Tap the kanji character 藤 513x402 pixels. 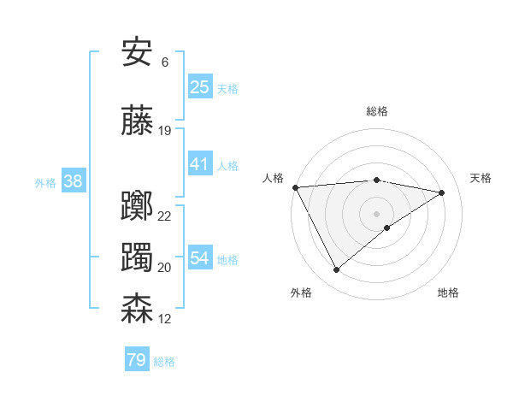[x=138, y=121]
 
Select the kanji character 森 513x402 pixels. [x=138, y=309]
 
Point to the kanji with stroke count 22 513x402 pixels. [x=138, y=206]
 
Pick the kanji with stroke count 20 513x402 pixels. [x=138, y=257]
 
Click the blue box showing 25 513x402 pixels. [x=200, y=87]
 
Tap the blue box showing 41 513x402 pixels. [x=200, y=164]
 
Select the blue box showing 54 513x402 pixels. [x=200, y=258]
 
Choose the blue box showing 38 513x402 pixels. [x=73, y=181]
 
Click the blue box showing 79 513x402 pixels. [x=137, y=360]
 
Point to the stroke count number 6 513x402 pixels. [x=164, y=62]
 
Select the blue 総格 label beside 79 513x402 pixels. [x=164, y=362]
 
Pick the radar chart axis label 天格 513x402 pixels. [x=481, y=178]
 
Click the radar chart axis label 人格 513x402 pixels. [x=274, y=178]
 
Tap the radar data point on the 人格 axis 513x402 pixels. [x=295, y=186]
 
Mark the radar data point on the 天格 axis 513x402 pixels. [x=442, y=192]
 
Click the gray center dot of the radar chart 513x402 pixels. [x=376, y=213]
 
